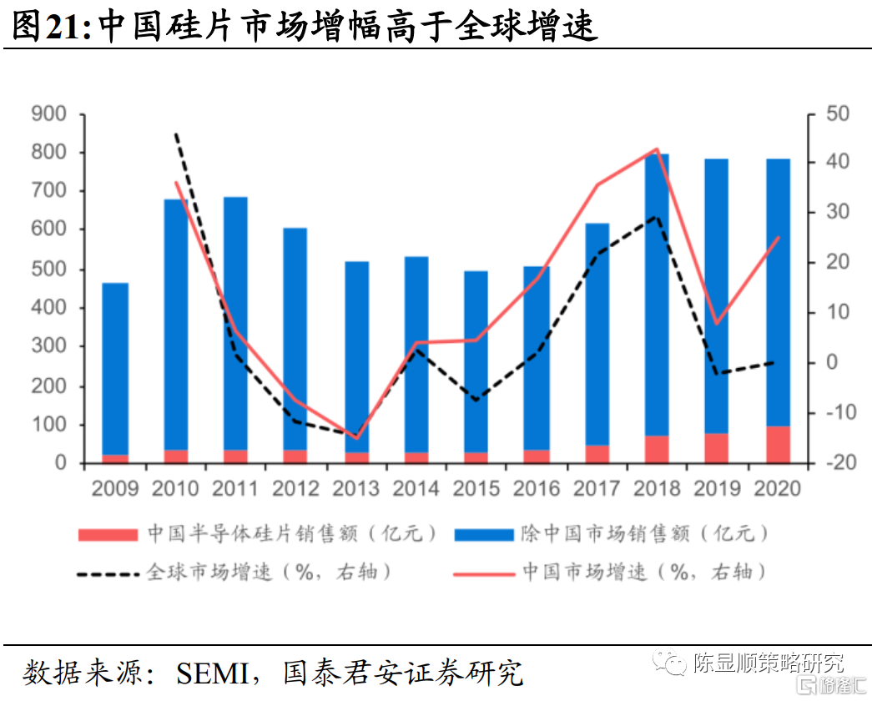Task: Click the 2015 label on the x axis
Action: click(x=476, y=487)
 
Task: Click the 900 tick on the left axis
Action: click(x=48, y=113)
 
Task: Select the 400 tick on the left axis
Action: click(x=48, y=308)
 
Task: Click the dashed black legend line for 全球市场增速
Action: click(x=108, y=573)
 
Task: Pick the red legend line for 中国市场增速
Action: click(x=483, y=573)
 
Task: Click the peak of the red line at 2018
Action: click(x=658, y=149)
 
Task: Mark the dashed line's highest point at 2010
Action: click(x=176, y=134)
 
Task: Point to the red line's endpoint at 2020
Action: click(x=779, y=237)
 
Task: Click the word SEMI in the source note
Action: click(x=214, y=672)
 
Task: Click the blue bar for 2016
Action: click(x=537, y=358)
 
